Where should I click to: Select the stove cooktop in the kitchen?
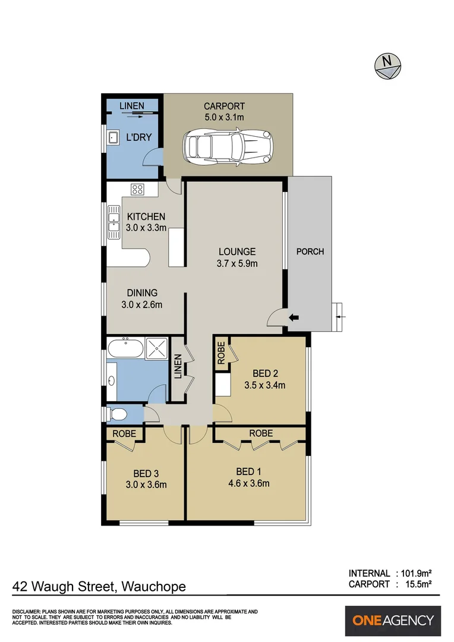[x=138, y=190]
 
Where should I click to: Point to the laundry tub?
[x=113, y=138]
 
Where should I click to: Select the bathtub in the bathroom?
[x=125, y=348]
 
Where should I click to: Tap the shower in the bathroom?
[x=156, y=348]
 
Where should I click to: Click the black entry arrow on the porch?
[x=293, y=317]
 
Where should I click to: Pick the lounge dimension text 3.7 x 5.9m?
[x=237, y=263]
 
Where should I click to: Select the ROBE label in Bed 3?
[x=125, y=434]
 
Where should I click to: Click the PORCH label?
[x=310, y=251]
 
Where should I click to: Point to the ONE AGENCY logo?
[x=393, y=621]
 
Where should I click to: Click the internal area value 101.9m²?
[x=415, y=573]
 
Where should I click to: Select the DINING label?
[x=142, y=292]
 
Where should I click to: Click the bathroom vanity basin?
[x=112, y=380]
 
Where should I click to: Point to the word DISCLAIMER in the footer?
[x=27, y=612]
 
